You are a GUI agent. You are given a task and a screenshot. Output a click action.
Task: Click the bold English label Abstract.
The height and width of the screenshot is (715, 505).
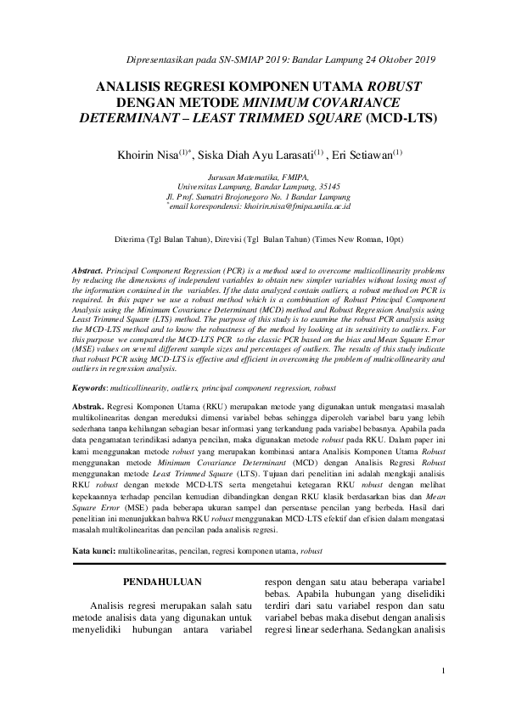(x=88, y=268)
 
